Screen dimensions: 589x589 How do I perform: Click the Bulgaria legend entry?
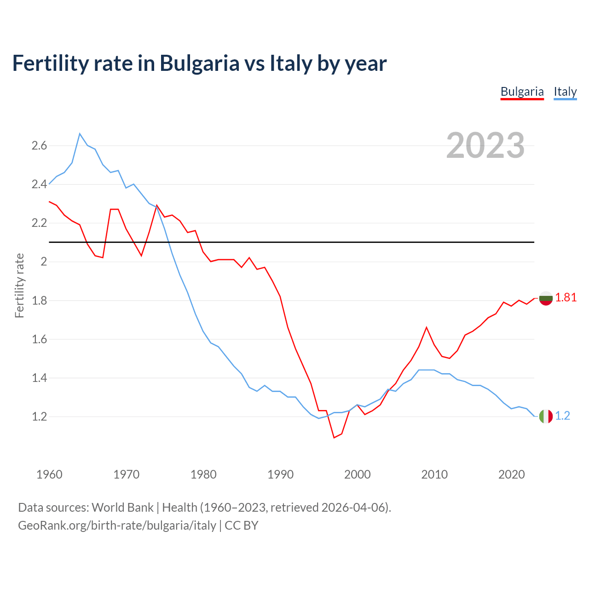coord(522,92)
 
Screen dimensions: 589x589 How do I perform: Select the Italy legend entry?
coord(565,92)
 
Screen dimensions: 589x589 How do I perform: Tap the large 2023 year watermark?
coord(485,145)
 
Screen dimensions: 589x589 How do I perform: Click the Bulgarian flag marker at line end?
coord(545,298)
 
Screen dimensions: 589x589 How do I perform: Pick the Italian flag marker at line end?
coord(545,416)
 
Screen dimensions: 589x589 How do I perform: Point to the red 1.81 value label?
coord(566,298)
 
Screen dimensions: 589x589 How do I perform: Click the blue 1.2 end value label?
coord(562,416)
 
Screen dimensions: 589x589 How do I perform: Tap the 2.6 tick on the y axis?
coord(39,146)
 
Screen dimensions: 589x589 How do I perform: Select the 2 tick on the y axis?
coord(44,262)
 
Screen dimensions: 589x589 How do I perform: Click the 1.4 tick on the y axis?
coord(39,378)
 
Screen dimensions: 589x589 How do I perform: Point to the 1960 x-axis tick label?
coord(49,474)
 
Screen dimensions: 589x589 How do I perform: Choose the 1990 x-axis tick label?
coord(280,474)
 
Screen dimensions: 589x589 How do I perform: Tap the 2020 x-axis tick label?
coord(511,474)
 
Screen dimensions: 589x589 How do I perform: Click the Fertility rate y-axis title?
coord(19,285)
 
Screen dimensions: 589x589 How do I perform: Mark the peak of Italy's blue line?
coord(80,133)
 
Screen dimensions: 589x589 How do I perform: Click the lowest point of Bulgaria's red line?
coord(334,438)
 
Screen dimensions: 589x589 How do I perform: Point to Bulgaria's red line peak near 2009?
coord(427,327)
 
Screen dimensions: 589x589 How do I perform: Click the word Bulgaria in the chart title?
coord(199,63)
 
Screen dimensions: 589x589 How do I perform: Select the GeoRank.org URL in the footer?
coord(117,525)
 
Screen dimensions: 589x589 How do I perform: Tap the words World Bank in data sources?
coord(122,507)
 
